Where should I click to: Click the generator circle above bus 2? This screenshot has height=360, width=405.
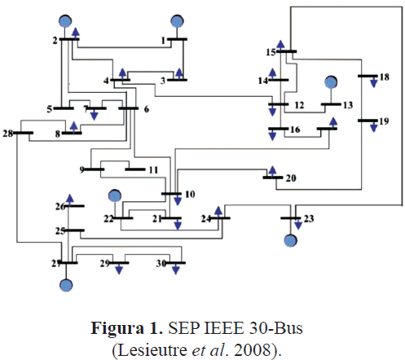[65, 21]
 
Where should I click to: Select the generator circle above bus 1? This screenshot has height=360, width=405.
[177, 21]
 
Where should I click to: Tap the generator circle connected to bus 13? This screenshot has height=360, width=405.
[331, 82]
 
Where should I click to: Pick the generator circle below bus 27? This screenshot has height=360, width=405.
[66, 285]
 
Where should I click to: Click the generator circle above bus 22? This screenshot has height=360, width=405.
[115, 195]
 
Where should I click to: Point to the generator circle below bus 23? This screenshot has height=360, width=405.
[291, 240]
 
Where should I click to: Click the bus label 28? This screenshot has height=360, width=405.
[8, 134]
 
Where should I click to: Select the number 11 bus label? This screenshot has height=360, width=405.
[153, 170]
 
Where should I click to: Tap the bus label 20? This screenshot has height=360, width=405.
[291, 178]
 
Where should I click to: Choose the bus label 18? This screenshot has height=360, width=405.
[385, 77]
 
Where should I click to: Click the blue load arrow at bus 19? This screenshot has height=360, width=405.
[374, 126]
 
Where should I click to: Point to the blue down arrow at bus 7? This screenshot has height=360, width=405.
[94, 114]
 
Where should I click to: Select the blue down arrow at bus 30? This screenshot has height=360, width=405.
[176, 269]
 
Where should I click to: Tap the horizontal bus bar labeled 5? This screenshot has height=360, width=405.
[64, 108]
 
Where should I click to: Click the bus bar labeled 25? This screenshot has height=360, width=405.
[74, 230]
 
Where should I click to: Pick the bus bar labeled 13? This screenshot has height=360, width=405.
[331, 104]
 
